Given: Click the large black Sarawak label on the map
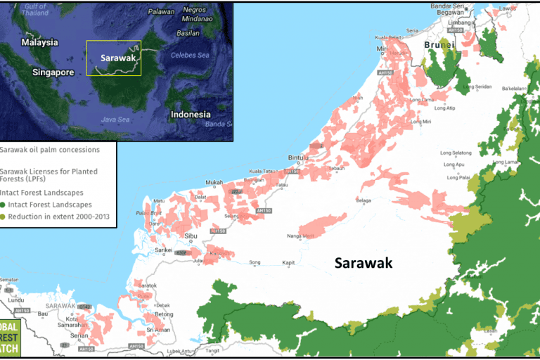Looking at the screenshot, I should tap(363, 263).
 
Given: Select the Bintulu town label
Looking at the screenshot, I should tap(299, 158).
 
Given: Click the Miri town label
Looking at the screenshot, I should tap(382, 49).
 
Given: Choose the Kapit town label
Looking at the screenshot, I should tap(288, 262).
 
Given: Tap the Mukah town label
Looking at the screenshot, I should tap(213, 183).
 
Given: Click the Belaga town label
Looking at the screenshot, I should tap(364, 200).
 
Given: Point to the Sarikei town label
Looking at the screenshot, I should tap(163, 250).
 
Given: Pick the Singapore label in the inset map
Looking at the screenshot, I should tap(53, 72).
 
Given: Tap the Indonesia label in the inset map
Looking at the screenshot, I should tap(190, 114).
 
